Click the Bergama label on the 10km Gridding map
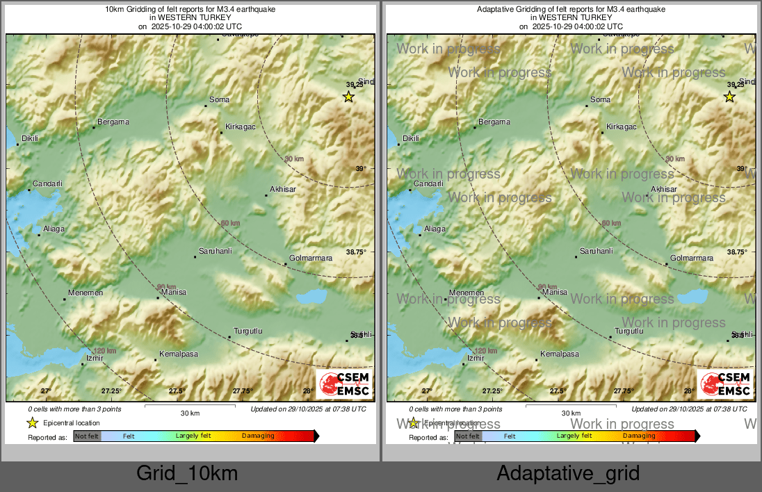tap(113, 122)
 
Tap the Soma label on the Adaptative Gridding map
tap(600, 100)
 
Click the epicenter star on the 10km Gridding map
tap(348, 97)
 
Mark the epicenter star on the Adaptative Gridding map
tap(729, 97)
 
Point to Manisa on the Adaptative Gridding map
tap(555, 293)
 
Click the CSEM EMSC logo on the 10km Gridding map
tap(344, 384)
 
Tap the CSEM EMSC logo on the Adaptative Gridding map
tap(725, 384)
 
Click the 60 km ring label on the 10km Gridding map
tap(229, 223)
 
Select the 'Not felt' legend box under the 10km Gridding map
tap(87, 436)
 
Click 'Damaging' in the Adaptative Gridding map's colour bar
tap(639, 436)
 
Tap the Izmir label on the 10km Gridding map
tap(94, 359)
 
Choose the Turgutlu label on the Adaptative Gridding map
tap(630, 331)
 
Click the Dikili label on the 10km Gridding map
tap(30, 138)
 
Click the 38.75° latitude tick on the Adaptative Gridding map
tap(736, 252)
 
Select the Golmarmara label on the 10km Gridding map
tap(311, 259)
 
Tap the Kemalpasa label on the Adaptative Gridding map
tap(560, 354)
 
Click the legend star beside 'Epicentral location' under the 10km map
tap(32, 423)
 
